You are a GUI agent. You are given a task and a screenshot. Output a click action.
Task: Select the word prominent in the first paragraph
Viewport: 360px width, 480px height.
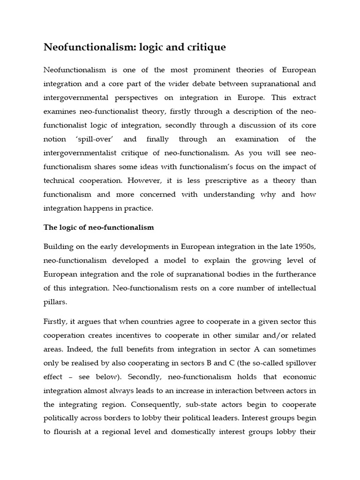point(206,70)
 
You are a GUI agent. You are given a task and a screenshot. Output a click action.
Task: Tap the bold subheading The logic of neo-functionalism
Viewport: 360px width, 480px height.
point(98,227)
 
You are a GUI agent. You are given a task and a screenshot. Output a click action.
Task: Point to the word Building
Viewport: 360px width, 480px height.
point(58,247)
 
